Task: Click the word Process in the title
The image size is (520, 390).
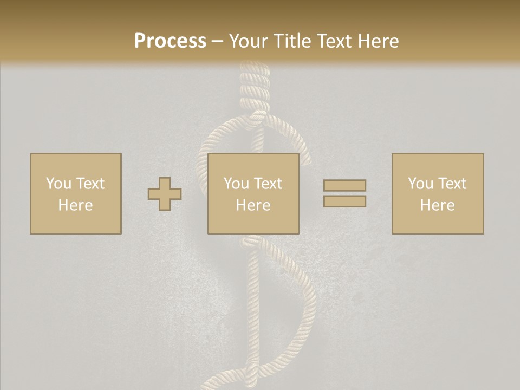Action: coord(170,41)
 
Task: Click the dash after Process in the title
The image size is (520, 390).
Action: coord(217,42)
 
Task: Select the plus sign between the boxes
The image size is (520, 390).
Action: coord(165,194)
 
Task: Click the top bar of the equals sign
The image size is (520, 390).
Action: coord(344,185)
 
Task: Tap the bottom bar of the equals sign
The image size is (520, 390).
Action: coord(344,201)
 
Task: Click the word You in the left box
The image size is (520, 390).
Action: coord(58,184)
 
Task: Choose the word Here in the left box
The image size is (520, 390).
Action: coord(75,205)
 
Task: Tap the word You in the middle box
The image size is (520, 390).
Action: coord(236,184)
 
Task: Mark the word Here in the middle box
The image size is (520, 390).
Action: coord(253,205)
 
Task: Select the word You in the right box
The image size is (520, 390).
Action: coord(420,184)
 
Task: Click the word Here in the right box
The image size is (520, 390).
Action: coord(437,205)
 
